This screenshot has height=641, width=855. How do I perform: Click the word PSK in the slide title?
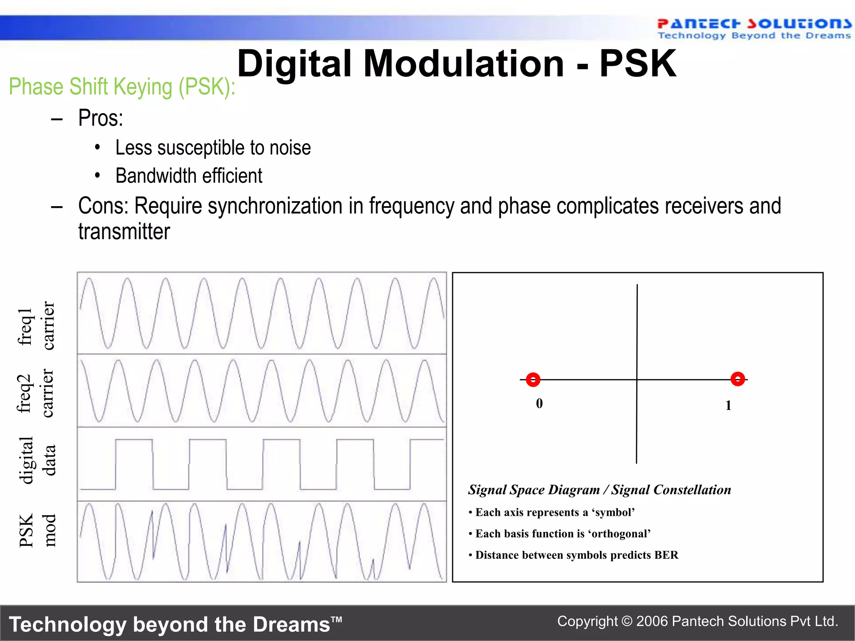pos(637,64)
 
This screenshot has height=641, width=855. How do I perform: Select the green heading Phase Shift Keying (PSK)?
pos(122,87)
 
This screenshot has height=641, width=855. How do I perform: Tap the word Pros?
pos(101,118)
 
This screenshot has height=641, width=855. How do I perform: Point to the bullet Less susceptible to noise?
pos(213,148)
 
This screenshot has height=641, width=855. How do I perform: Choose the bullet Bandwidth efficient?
pos(189,176)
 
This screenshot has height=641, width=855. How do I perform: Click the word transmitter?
pos(124,232)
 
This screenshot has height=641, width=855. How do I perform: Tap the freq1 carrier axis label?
pos(37,326)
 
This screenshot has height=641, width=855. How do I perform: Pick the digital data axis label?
pos(37,460)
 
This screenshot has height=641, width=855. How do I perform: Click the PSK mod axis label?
pos(37,530)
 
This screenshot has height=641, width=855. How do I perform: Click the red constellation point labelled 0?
pos(533,380)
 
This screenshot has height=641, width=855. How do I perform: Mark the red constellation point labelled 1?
pos(738,379)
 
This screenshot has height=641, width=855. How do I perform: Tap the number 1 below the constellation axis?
pos(728,405)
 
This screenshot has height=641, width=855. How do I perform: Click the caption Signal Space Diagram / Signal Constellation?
pos(599,490)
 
